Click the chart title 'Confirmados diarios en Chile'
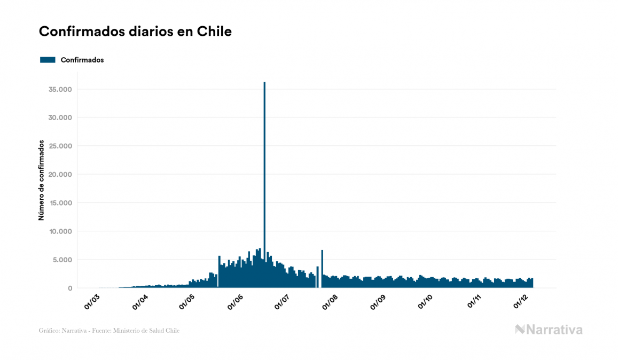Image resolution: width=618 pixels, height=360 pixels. [135, 32]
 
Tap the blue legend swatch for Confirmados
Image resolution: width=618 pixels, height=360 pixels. [48, 60]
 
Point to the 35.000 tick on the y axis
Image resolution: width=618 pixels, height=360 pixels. [59, 89]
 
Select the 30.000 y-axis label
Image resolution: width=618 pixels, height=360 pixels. [59, 118]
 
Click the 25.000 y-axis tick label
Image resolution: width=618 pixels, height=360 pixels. [59, 146]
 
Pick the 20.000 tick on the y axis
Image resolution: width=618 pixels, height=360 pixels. [59, 174]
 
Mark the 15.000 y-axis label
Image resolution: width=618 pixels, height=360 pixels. [59, 203]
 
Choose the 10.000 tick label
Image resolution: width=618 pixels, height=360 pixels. [59, 231]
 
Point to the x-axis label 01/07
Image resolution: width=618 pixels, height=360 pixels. [283, 302]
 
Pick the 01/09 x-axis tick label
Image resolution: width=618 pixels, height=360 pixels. [378, 302]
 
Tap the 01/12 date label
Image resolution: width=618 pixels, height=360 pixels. [521, 302]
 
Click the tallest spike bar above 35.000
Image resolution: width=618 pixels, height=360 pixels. [264, 160]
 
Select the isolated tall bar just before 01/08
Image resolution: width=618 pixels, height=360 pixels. [322, 267]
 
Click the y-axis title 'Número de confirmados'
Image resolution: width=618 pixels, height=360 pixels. [41, 181]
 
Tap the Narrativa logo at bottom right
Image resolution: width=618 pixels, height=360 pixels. [549, 330]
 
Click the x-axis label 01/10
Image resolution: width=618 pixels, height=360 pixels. [426, 302]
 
